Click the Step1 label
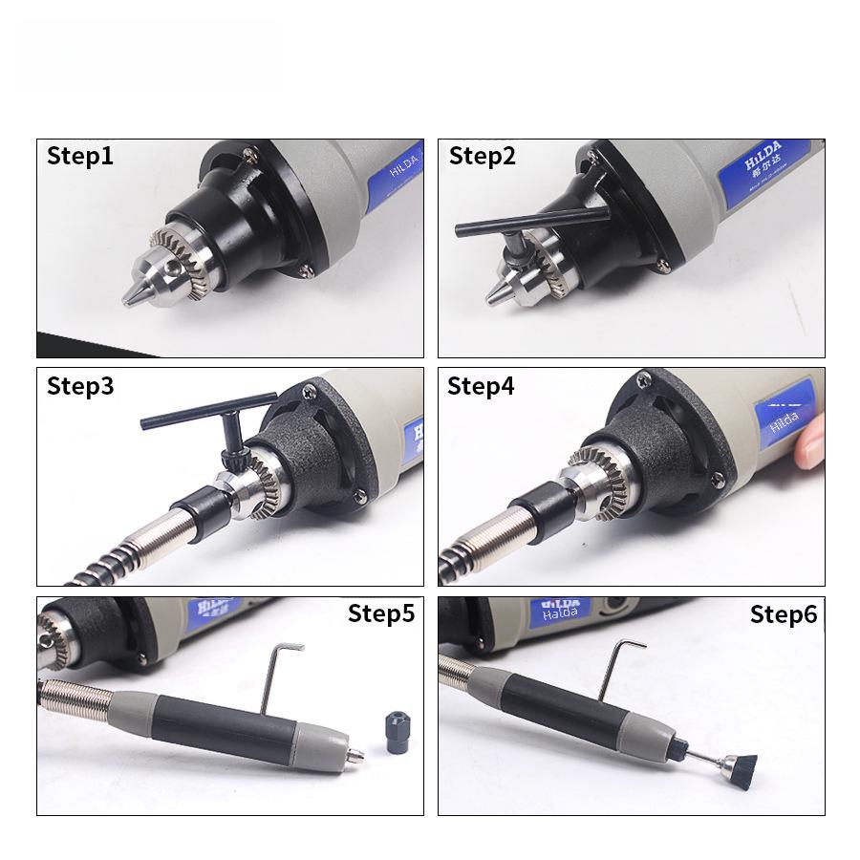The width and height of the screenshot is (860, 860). point(80,157)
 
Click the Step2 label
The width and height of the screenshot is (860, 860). point(483,157)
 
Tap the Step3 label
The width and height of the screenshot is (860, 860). point(80,387)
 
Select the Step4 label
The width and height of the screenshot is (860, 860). point(481,387)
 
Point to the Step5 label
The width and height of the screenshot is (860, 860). point(381,613)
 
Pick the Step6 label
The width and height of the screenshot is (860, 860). point(784,614)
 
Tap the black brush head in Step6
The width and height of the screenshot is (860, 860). point(739,765)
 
